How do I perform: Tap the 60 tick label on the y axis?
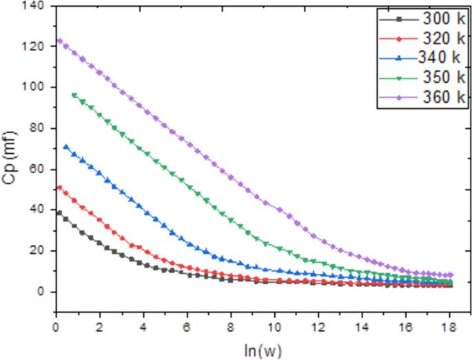[x=36, y=169]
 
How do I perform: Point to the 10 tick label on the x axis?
[x=274, y=325]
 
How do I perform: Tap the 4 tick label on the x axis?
[x=143, y=325]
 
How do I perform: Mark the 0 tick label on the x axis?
[x=56, y=325]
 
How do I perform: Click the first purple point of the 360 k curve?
[x=59, y=41]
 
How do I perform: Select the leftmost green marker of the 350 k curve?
[x=74, y=94]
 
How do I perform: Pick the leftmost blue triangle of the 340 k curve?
[x=66, y=146]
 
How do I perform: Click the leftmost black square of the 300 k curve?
[x=59, y=213]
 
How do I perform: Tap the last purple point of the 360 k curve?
[x=451, y=274]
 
